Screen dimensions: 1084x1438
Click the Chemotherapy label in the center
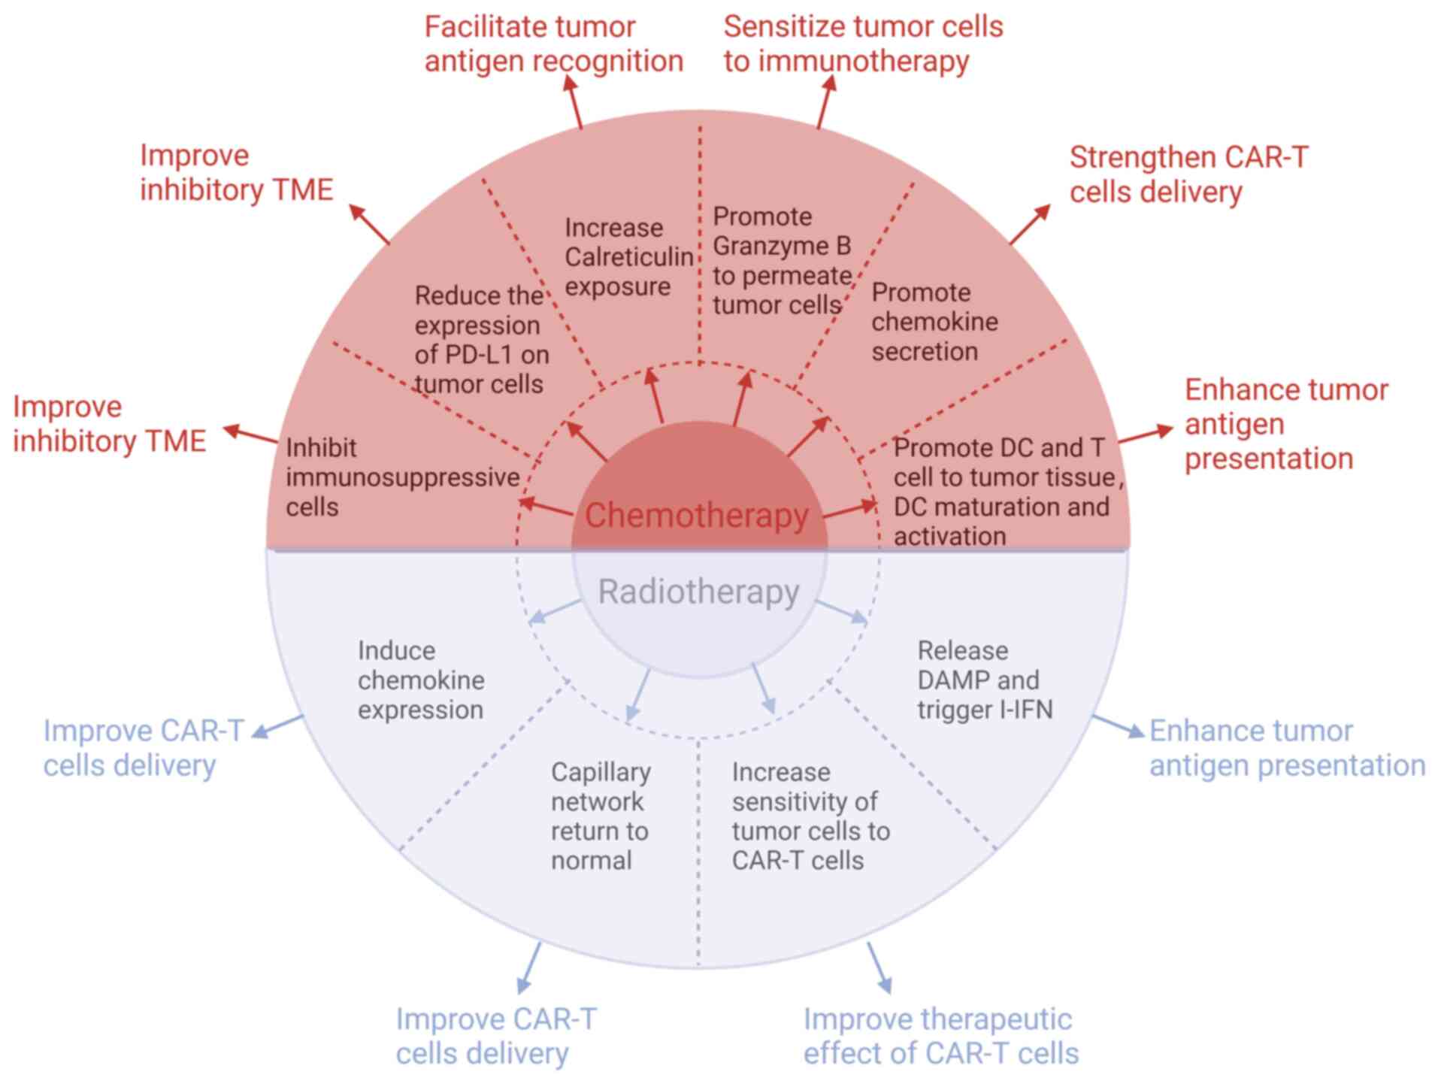696,516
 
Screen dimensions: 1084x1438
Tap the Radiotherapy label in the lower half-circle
698,592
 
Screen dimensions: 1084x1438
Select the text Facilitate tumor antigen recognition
553,44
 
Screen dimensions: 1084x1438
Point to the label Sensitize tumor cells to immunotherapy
862,44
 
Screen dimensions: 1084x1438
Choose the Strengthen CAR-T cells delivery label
1188,174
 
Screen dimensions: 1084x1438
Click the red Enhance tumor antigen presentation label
1285,424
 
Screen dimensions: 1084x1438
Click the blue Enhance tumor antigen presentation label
1287,748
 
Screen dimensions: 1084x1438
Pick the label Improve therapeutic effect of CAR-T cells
940,1036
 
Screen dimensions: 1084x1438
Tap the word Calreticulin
628,257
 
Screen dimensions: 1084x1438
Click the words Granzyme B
782,246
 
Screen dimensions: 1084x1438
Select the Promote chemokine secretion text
934,322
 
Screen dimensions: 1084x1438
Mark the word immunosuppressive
403,477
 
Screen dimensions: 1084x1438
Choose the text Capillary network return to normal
600,816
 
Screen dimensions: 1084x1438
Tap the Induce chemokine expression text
421,680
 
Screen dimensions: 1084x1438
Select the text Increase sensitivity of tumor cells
810,816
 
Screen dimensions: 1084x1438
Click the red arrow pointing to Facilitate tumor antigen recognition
575,101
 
